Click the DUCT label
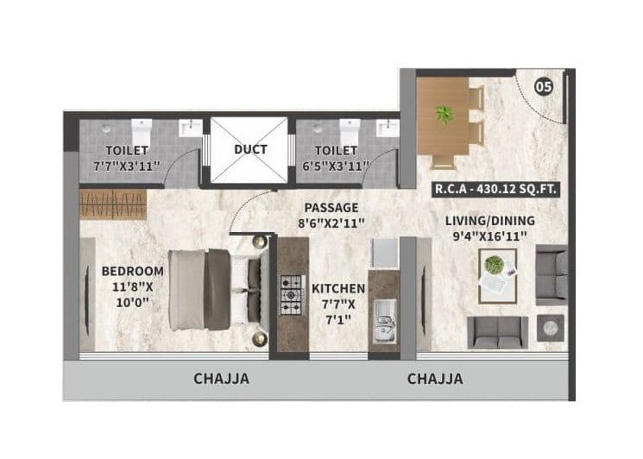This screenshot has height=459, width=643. tap(250, 149)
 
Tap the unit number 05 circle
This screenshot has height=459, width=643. tap(543, 86)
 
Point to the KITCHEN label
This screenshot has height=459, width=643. tap(338, 288)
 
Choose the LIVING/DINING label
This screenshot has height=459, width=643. tap(488, 222)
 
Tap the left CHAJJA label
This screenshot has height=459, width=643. tap(222, 379)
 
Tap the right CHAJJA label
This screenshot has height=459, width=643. tap(434, 379)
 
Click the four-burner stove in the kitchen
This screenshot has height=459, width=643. tap(289, 295)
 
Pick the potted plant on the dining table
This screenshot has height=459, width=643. tap(444, 114)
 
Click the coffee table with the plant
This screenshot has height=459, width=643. tap(497, 275)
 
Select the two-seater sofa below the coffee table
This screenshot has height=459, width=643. tap(497, 331)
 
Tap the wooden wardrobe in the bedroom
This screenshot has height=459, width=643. tap(113, 204)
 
